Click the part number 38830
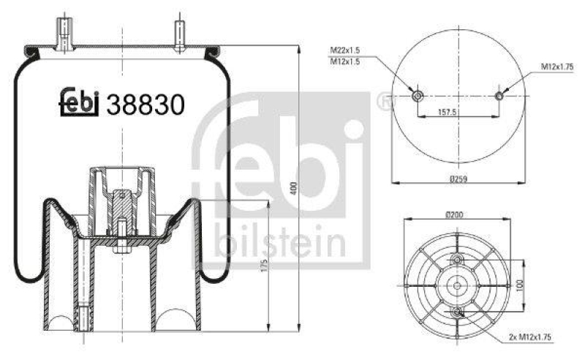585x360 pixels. point(145,105)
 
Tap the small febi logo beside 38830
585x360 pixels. point(79,104)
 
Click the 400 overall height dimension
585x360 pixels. point(293,188)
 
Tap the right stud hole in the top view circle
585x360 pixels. point(500,96)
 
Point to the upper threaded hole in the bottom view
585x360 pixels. point(458,260)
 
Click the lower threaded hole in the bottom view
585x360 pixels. point(458,312)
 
